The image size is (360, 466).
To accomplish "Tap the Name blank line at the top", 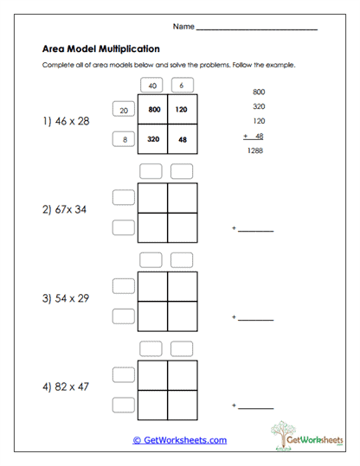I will click(257, 29).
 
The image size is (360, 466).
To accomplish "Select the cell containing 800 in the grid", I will click(155, 110).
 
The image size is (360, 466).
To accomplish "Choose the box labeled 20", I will click(123, 110).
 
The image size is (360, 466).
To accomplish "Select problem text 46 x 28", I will click(66, 122).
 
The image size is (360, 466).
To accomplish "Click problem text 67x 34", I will click(66, 208).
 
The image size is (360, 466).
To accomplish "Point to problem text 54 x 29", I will click(66, 297).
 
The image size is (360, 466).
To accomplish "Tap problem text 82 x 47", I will click(66, 386).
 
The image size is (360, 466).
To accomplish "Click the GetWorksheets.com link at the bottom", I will click(179, 439).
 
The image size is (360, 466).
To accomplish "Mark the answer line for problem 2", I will click(255, 230).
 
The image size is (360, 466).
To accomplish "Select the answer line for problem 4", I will click(255, 406).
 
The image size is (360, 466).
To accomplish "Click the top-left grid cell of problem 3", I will click(153, 286).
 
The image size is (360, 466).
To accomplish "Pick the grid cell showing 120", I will click(182, 110).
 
